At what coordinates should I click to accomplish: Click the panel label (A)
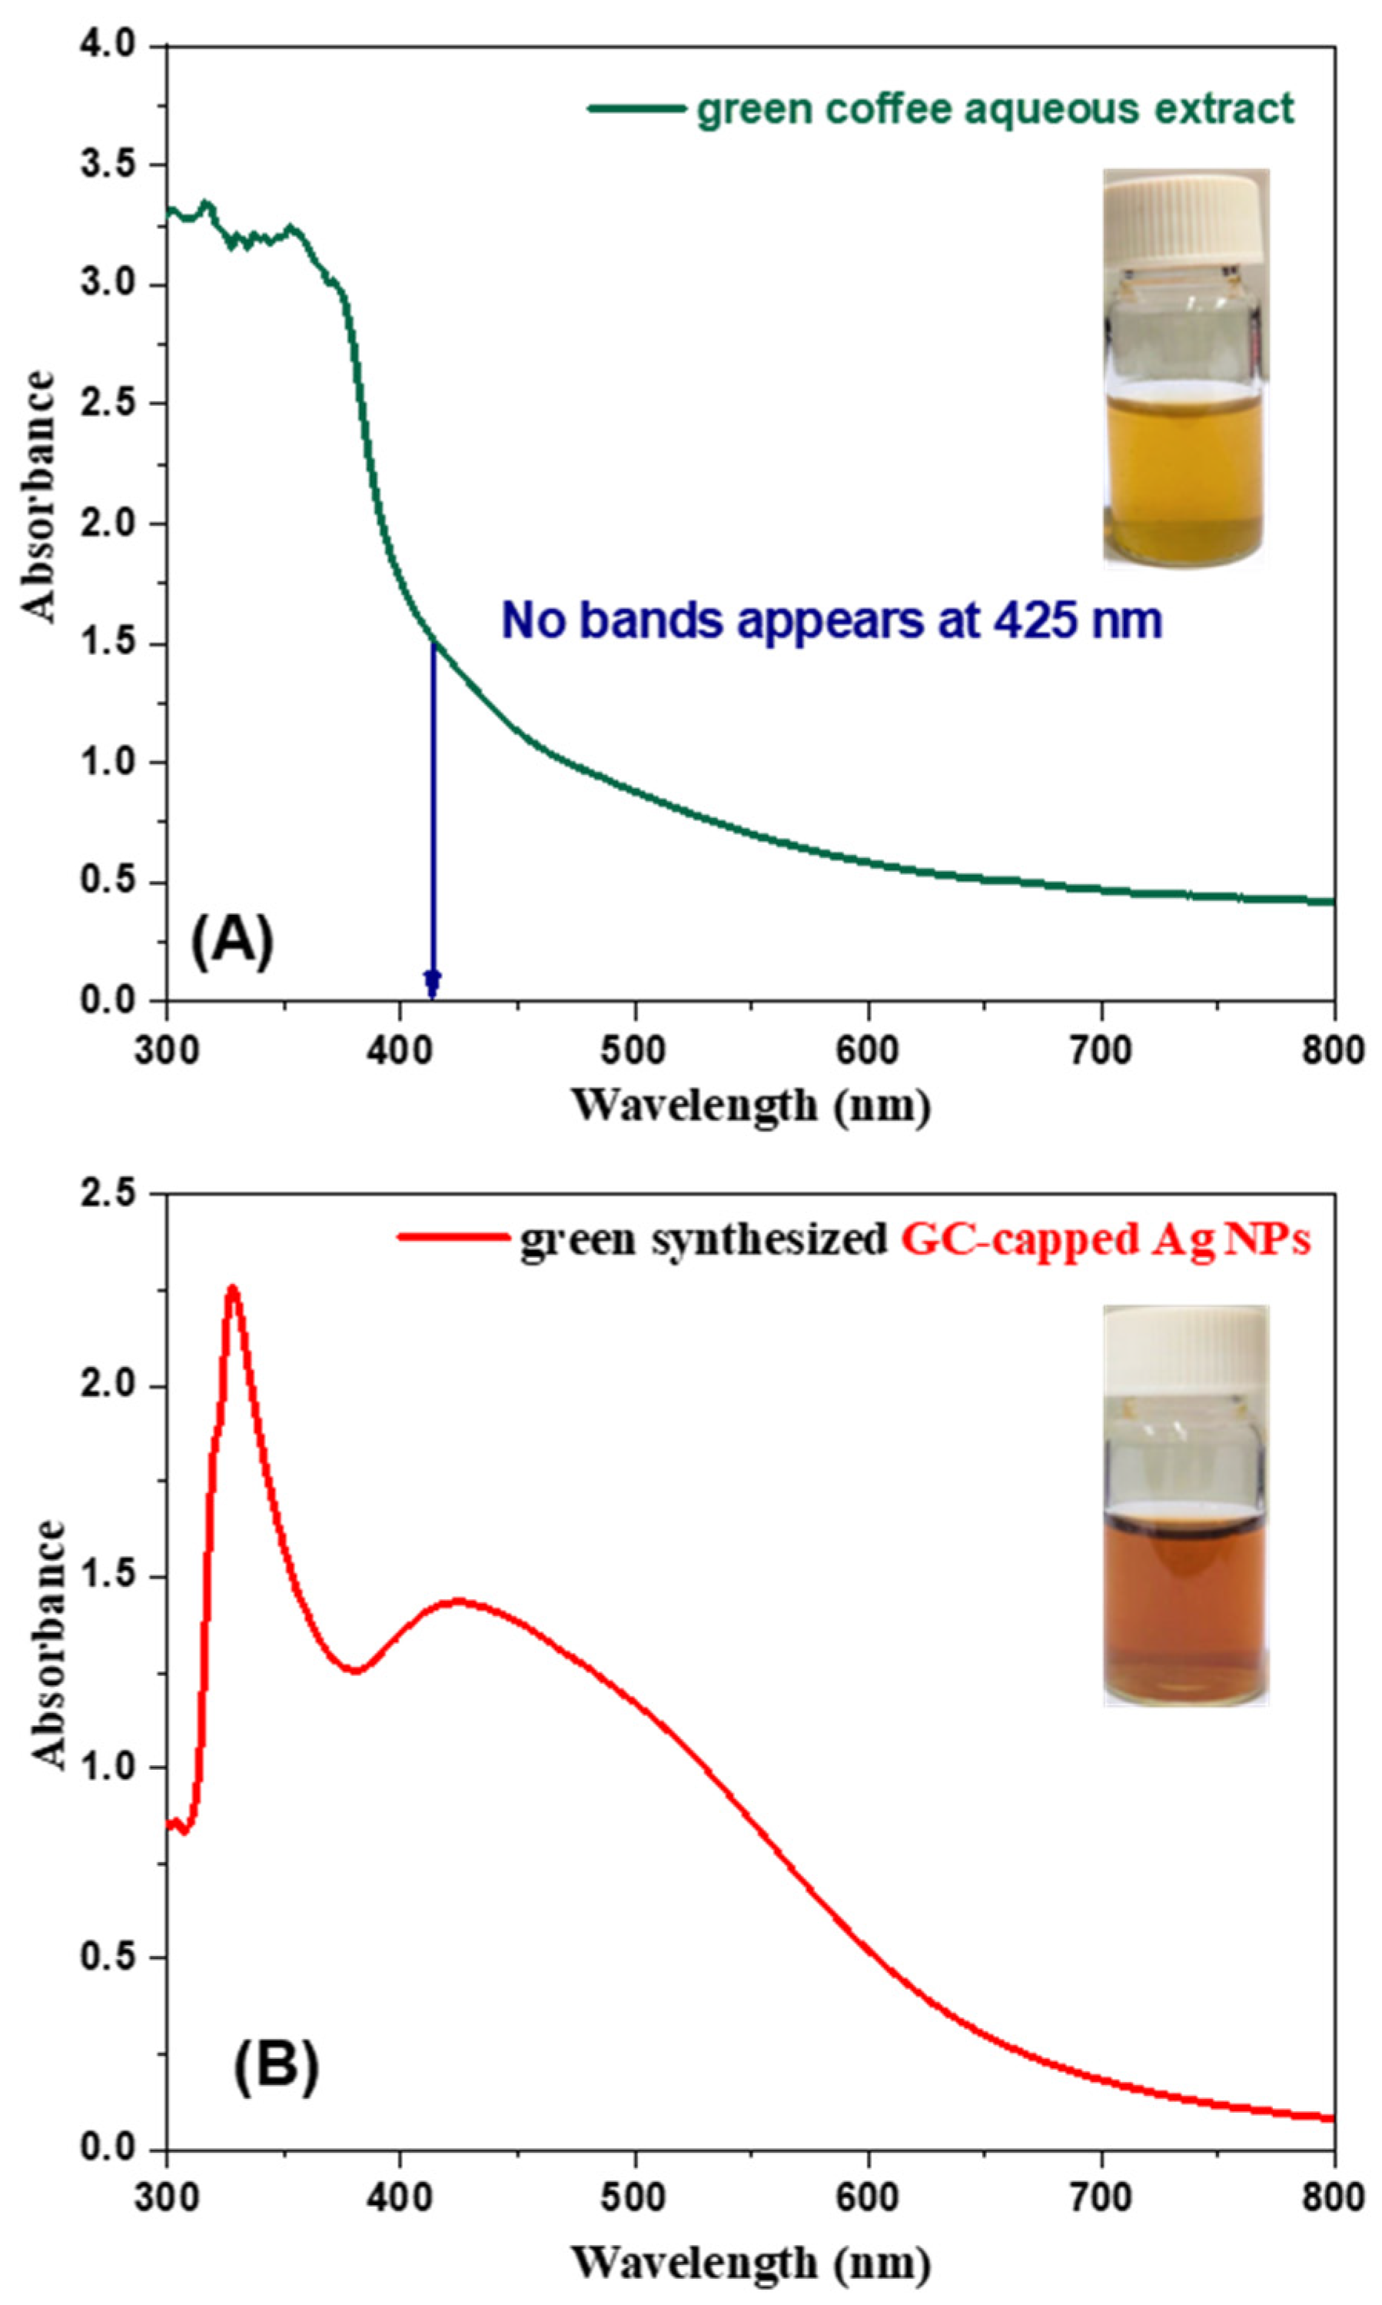232,942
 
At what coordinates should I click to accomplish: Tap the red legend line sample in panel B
453,1238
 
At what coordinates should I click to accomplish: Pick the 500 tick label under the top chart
634,1050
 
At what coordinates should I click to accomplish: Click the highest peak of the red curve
233,1289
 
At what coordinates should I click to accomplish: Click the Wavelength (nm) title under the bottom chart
751,2255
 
